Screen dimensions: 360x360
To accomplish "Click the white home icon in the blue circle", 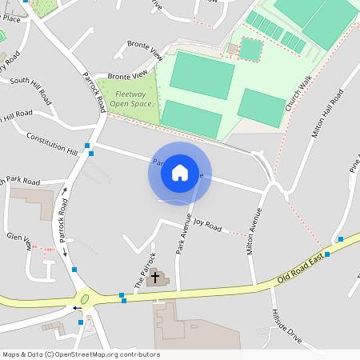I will click(180, 173).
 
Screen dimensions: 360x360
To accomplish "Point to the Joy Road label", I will click(207, 226).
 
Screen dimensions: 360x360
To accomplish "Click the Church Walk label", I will click(300, 94).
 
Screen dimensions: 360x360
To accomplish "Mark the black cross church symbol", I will click(154, 277).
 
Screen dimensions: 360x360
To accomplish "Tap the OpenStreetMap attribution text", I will click(81, 354).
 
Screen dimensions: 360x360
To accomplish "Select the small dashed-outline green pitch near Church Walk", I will click(250, 50).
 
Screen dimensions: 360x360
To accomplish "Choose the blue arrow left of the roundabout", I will click(77, 307).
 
